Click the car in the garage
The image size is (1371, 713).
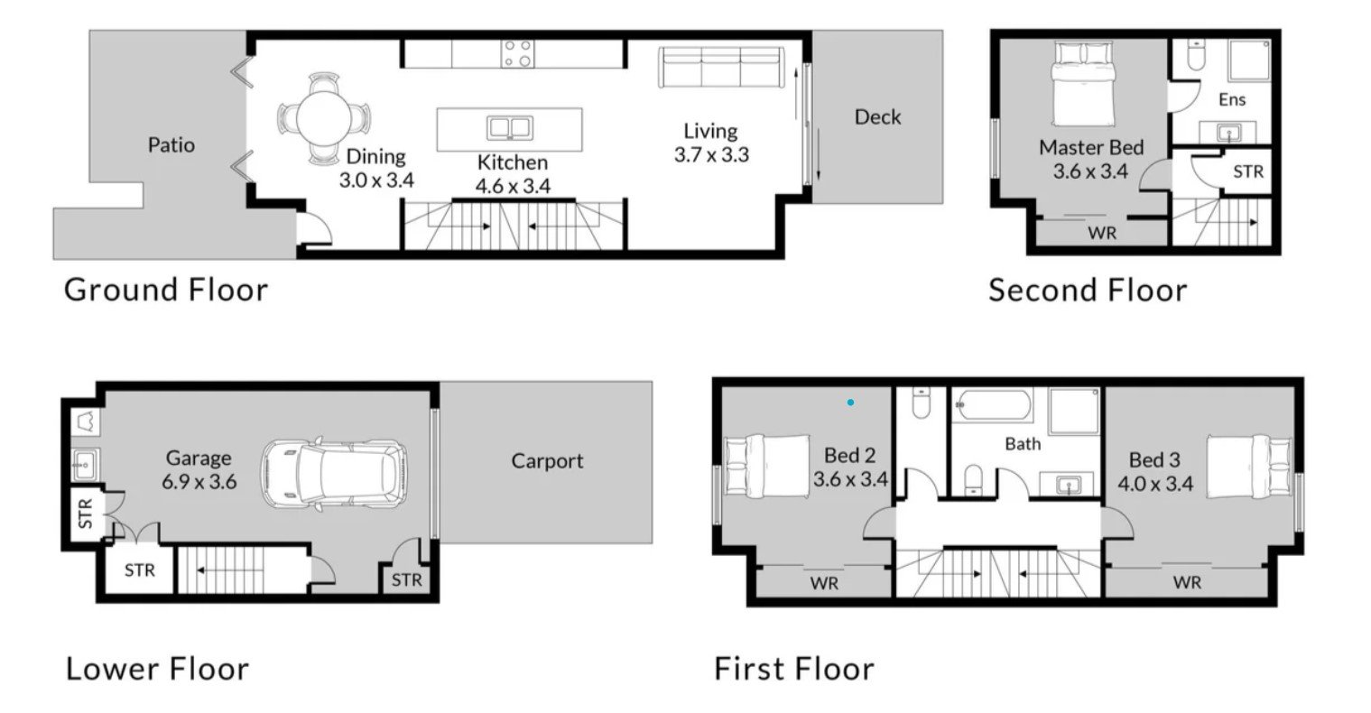335,474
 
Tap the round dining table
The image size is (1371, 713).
324,118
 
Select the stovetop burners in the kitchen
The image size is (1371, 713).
518,54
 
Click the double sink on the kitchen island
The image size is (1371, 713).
510,128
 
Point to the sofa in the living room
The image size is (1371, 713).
722,68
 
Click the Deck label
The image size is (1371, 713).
877,117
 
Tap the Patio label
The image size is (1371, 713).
171,145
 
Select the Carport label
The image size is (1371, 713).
547,461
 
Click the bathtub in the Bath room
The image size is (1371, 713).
995,404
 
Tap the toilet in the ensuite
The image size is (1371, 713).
1196,56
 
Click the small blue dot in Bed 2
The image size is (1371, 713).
851,403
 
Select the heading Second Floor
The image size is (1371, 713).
1088,290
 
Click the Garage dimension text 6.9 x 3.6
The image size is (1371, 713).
199,482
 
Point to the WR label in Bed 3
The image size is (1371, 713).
1187,582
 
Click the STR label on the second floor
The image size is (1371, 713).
1248,172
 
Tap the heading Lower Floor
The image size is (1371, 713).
157,669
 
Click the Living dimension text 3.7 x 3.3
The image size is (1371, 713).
711,155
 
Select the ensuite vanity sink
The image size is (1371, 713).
1227,132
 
